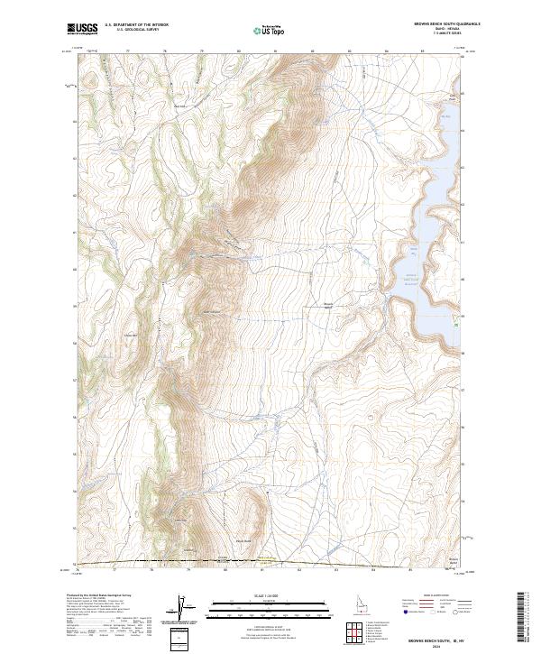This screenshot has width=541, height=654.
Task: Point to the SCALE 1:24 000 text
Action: tap(245, 595)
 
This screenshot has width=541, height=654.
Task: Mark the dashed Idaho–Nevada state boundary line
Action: tap(270, 562)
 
